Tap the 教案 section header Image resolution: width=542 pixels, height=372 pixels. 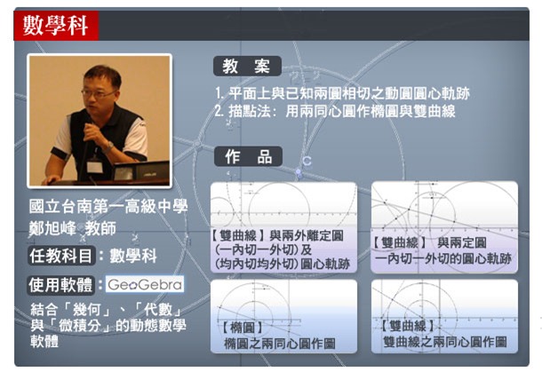coord(247,67)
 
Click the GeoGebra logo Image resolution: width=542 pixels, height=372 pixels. coord(145,285)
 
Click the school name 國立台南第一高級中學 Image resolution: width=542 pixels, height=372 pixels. coord(108,206)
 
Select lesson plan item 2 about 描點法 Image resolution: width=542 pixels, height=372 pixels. coord(334,112)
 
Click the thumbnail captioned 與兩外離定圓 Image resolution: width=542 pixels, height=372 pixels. coord(283,227)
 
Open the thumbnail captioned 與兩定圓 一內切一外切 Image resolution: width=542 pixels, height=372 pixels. coord(443,227)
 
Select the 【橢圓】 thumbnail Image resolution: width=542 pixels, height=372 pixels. coord(283,315)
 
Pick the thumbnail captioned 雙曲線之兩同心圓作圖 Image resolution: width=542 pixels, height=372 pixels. coord(443,315)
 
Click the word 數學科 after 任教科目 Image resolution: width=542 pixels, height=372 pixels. coord(133,256)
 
